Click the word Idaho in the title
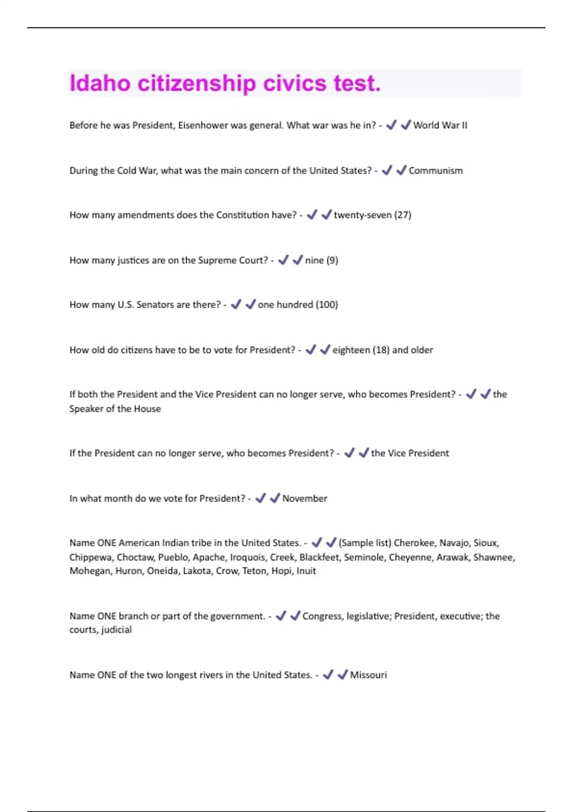(100, 84)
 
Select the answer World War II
(440, 125)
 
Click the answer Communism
(435, 171)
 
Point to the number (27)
(403, 215)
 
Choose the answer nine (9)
(321, 260)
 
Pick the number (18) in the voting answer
(381, 350)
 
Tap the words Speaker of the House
(115, 409)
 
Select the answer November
(305, 499)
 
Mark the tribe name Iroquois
(247, 557)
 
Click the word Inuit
(306, 571)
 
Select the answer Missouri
(368, 675)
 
